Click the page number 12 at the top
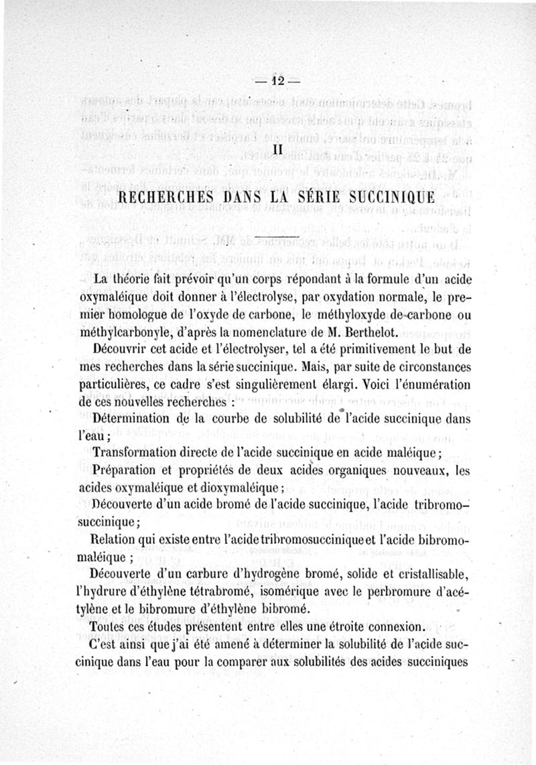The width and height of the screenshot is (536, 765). click(x=277, y=80)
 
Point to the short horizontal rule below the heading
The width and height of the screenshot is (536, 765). click(x=277, y=238)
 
